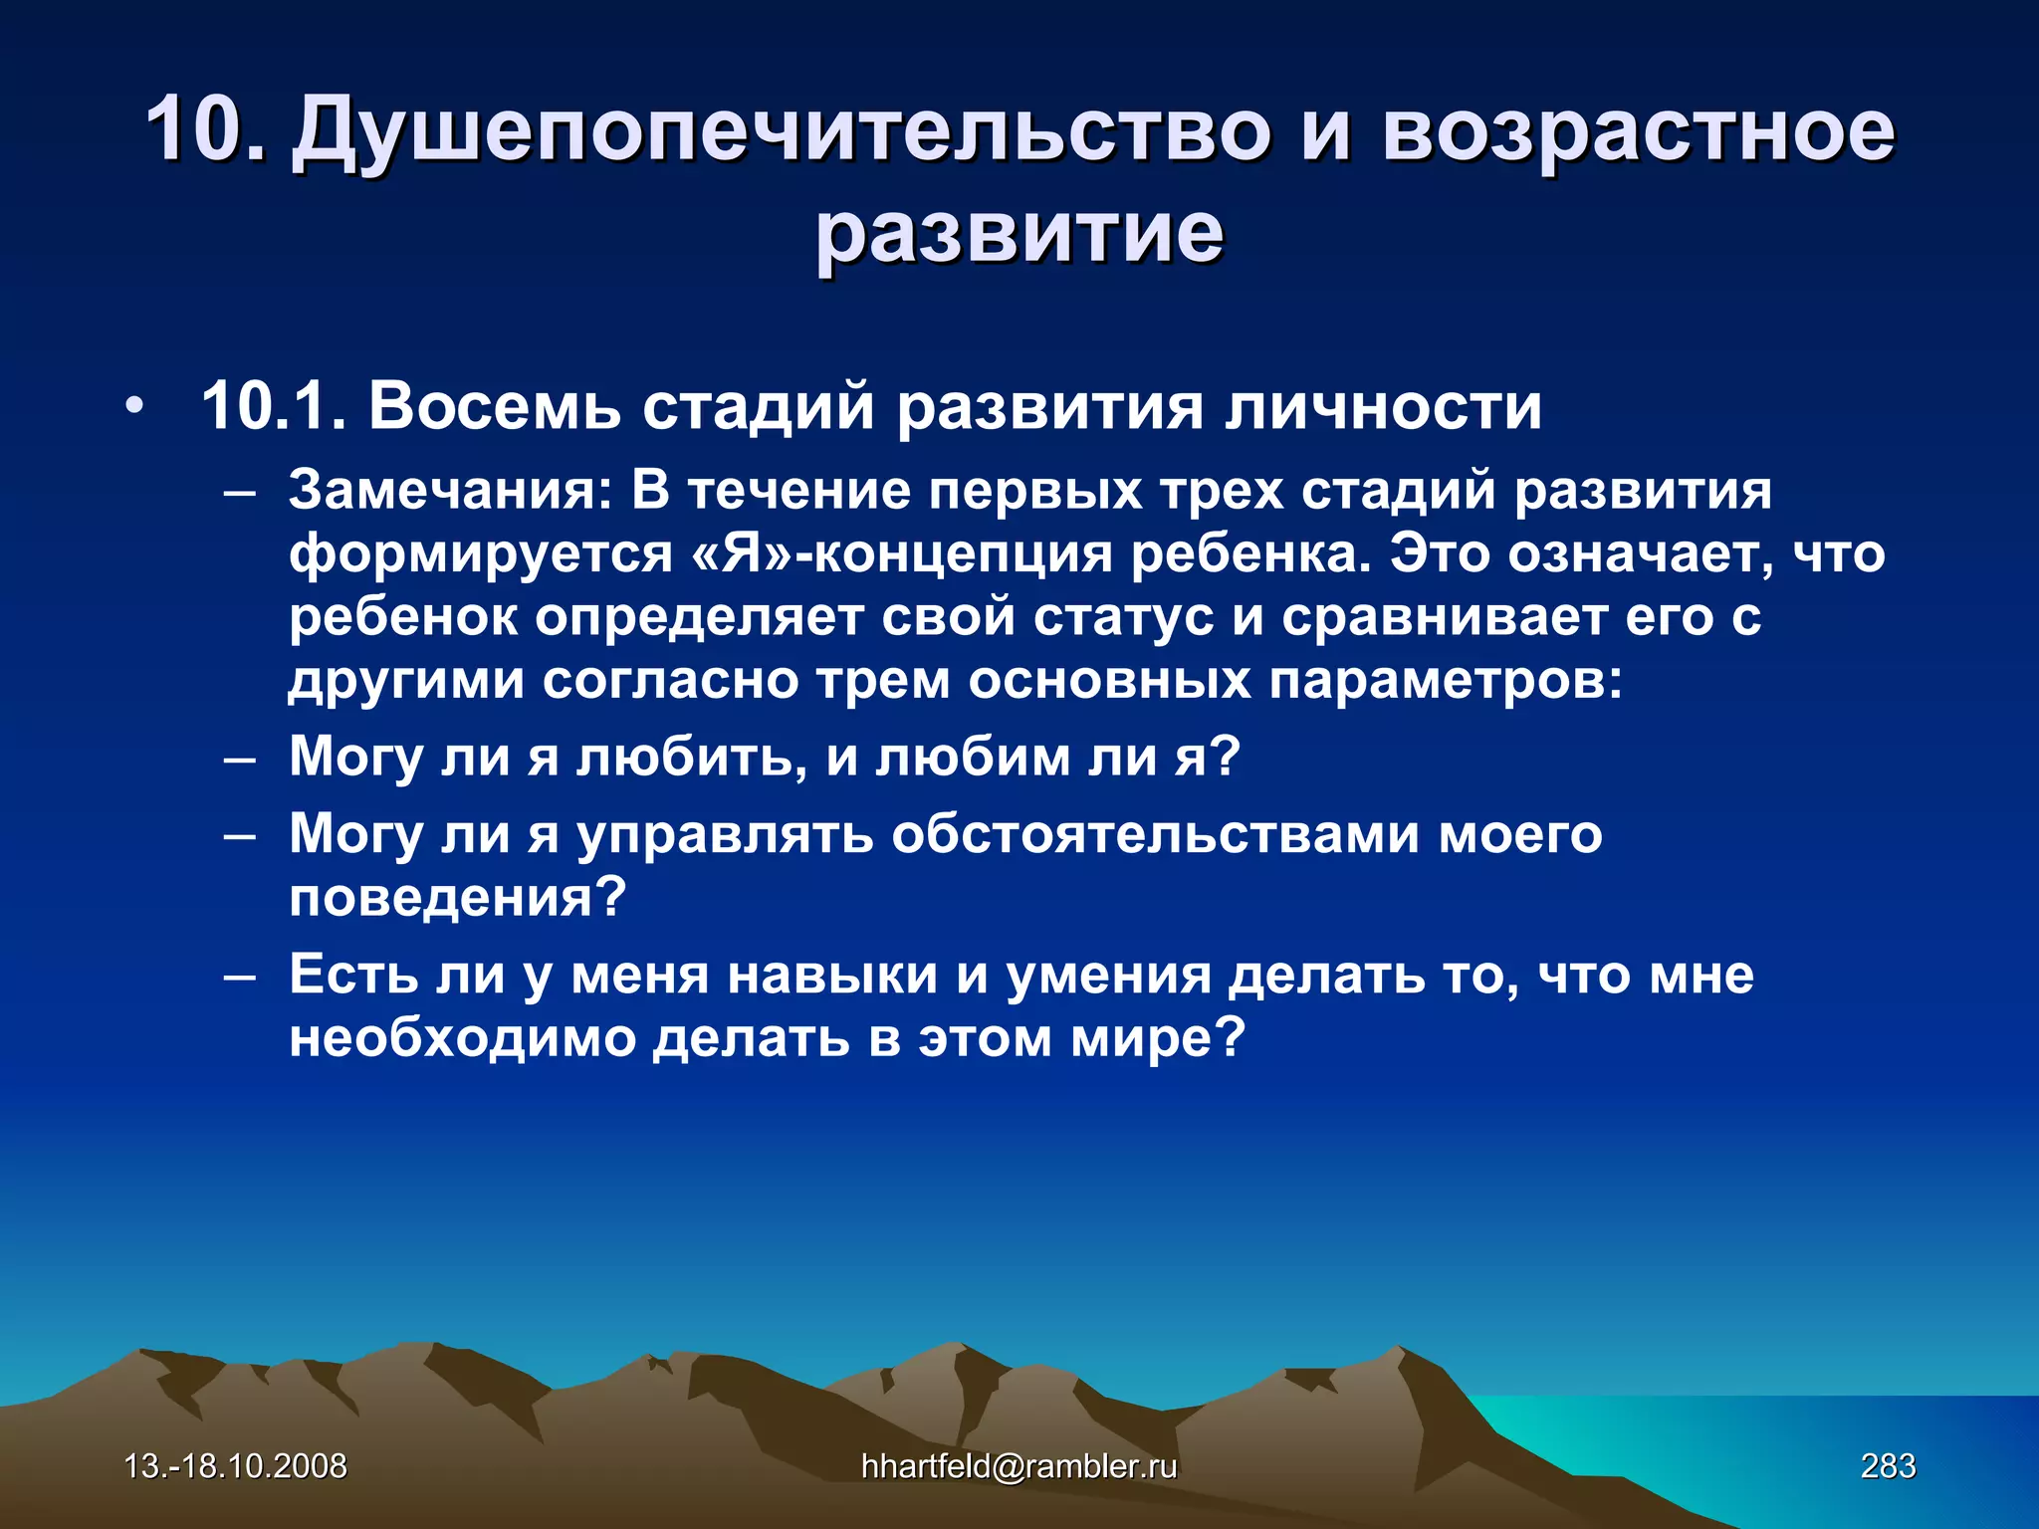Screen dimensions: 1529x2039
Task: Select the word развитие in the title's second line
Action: pos(1019,234)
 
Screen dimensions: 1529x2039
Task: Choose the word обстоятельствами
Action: pos(1155,834)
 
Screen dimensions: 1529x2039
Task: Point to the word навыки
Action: pos(832,976)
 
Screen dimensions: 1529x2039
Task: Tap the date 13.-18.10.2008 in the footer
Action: pos(236,1466)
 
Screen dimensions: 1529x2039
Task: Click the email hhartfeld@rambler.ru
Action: pos(1019,1466)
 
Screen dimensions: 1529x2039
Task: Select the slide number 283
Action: pos(1888,1466)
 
